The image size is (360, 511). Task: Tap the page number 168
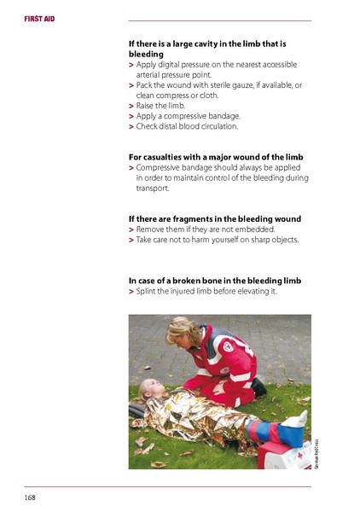29,496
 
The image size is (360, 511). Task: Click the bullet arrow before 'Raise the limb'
131,106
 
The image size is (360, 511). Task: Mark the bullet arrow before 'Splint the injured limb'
131,292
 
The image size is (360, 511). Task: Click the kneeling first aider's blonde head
182,331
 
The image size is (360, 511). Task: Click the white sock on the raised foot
299,419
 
